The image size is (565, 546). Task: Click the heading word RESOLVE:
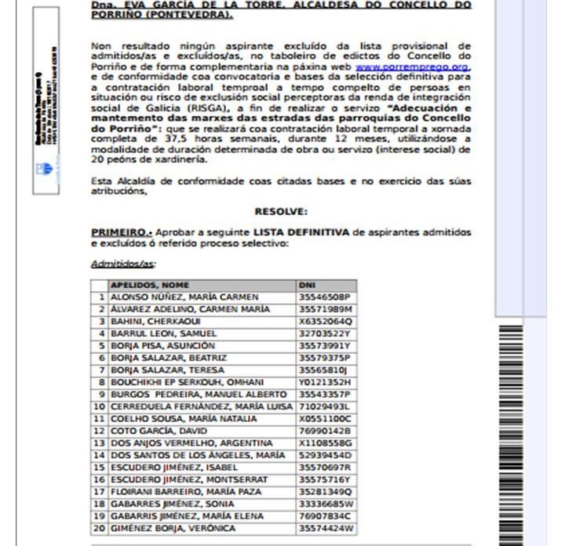281,211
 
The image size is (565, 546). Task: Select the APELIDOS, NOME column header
150,285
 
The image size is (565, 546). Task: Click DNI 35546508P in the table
324,297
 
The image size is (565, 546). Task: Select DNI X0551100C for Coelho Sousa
325,419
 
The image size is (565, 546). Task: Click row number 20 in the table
99,528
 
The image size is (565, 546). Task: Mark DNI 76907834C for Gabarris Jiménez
325,515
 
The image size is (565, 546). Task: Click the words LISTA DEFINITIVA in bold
300,233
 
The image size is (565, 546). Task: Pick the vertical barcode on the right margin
514,431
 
